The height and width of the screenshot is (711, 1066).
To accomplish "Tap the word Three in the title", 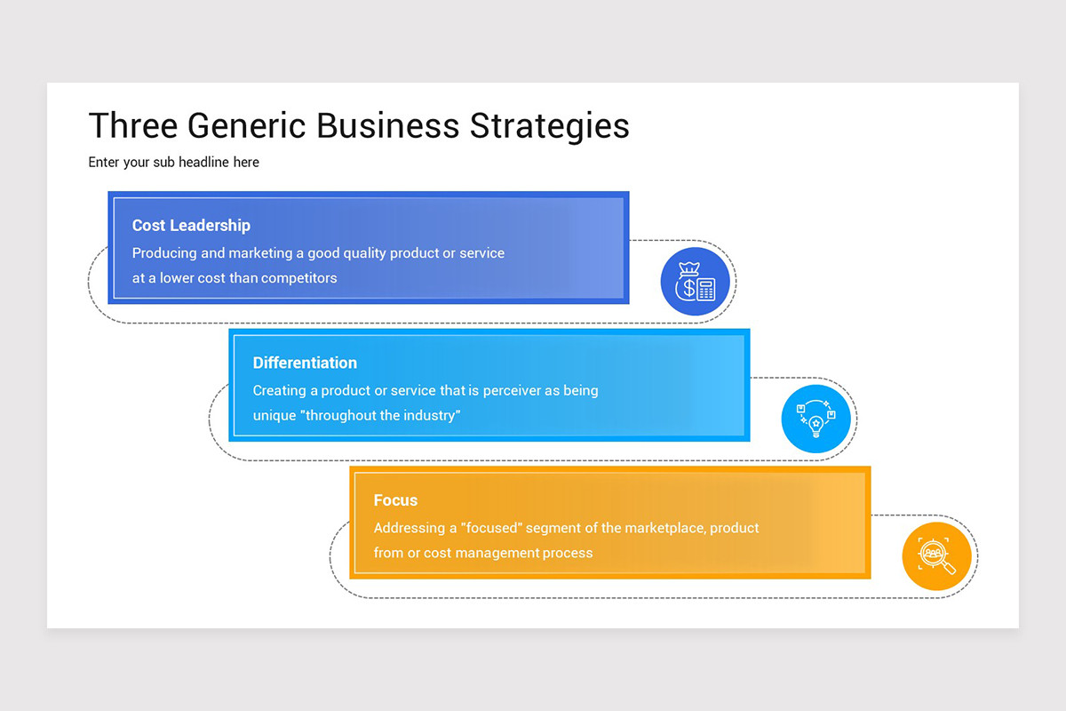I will (x=133, y=126).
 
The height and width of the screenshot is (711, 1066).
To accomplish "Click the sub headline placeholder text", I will (x=174, y=163).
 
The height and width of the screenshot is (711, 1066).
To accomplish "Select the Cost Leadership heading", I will (x=191, y=226).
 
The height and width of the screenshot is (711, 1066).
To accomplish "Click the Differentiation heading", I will (x=305, y=363).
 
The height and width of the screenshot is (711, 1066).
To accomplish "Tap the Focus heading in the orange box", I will (x=395, y=500).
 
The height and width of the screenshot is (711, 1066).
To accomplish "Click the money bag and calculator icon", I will (x=695, y=282).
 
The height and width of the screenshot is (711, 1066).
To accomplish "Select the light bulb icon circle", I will (x=815, y=419).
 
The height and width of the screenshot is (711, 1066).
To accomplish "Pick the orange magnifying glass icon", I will (x=936, y=556).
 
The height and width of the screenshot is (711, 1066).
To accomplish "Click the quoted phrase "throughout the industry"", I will (x=382, y=415).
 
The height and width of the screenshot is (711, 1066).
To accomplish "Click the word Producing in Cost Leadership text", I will (x=164, y=253).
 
